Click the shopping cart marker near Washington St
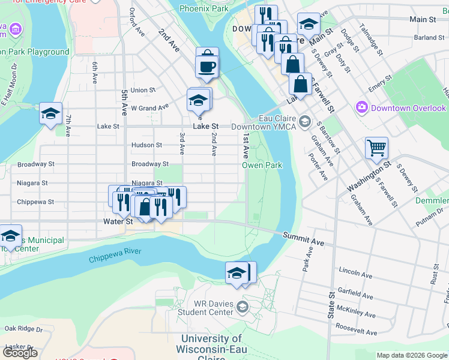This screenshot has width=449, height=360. pos(376,147)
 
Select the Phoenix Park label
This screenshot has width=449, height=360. pos(203,9)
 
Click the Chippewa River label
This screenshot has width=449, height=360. pos(115,255)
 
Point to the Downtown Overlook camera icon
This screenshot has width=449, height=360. pos(362,108)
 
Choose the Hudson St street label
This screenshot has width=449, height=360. pos(146,145)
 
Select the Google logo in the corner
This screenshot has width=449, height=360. pos(20,353)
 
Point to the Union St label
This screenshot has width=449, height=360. pos(143,90)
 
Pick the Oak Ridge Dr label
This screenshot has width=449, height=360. pos(22,328)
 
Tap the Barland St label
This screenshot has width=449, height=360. pos(429,37)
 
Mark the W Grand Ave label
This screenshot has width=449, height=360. pos(150,108)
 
